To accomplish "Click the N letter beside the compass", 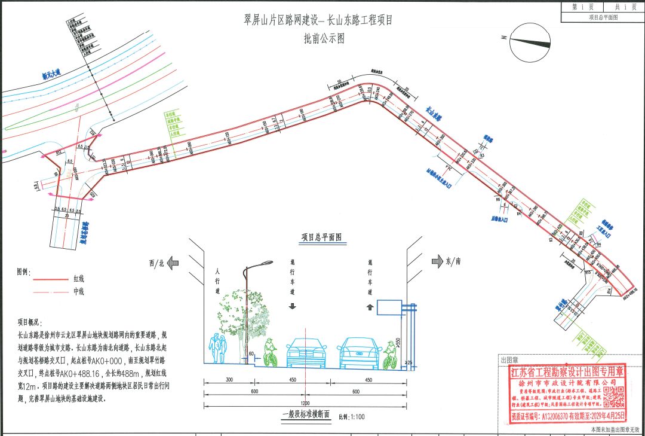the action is point(505,38).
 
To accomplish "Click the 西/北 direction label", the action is point(156,262).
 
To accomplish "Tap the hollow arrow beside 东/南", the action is point(437,261).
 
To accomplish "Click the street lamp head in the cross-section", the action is point(260,265).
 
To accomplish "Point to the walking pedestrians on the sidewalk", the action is point(218,349).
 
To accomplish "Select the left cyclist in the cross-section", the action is point(270,352).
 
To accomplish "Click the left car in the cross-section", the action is point(307,353).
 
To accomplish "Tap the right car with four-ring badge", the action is point(360,353).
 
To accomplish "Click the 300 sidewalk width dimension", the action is point(229,380).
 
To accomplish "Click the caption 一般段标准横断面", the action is point(305,414).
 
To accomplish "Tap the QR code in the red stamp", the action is point(612,397).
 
